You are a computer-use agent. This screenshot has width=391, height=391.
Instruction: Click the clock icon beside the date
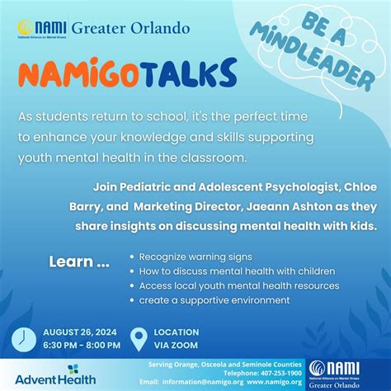23,337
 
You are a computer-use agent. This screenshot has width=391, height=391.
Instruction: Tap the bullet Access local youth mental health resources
239,285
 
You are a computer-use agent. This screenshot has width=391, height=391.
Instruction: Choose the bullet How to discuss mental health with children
237,271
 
